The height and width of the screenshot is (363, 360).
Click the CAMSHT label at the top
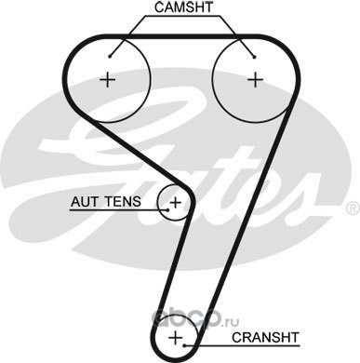coord(183,7)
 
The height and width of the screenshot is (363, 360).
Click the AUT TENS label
coord(106,202)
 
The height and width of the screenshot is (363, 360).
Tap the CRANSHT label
coord(265,337)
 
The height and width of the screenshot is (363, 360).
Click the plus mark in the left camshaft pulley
coord(108,80)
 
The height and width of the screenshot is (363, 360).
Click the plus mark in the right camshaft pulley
coord(256,80)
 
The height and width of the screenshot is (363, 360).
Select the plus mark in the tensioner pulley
coord(176,203)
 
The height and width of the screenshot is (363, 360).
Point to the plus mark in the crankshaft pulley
coord(176,337)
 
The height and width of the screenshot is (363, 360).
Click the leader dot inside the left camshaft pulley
coord(110,56)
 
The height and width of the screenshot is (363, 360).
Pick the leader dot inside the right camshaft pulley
coord(254,57)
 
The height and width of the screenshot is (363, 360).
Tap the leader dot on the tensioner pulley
coord(168,210)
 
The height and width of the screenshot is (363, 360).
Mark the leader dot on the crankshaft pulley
coord(184,345)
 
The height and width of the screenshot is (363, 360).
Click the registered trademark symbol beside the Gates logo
coord(353,208)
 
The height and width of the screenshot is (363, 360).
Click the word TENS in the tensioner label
coord(123,202)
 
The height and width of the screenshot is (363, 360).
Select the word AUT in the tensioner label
coord(84,202)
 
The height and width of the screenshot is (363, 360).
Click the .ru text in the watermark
coord(230,322)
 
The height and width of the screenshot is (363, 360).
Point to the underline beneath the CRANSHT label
coord(242,345)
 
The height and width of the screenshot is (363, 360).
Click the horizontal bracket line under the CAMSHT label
coord(183,16)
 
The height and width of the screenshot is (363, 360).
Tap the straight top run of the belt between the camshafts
coord(181,36)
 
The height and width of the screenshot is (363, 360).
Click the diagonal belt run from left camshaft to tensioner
coord(140,151)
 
